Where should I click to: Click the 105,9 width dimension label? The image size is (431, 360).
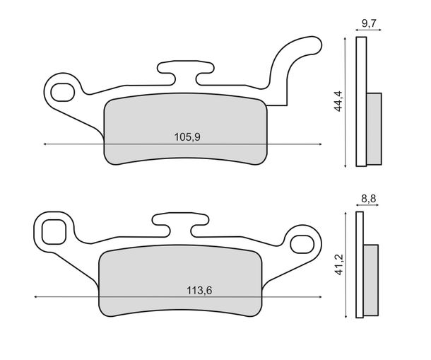pos(187,137)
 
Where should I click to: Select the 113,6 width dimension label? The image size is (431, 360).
pos(199,291)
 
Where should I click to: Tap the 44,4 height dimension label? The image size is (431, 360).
pos(338,101)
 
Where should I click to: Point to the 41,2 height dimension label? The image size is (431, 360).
pos(340,265)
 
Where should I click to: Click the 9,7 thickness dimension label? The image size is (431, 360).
pos(369,23)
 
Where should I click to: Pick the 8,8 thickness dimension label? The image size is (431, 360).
pos(368,199)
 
